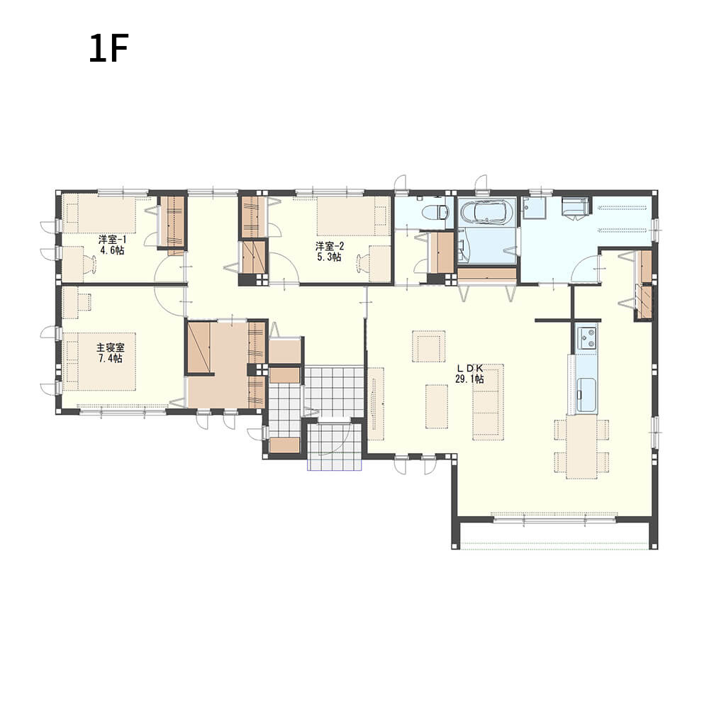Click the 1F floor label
(x=109, y=48)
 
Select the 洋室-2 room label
(x=330, y=247)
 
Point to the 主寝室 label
(x=111, y=347)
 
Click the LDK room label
(x=470, y=369)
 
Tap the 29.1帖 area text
(x=469, y=379)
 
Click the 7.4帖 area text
(x=111, y=359)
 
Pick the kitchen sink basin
(x=586, y=394)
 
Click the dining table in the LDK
(x=581, y=446)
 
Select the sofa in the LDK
(x=488, y=401)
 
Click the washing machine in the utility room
(x=576, y=208)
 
